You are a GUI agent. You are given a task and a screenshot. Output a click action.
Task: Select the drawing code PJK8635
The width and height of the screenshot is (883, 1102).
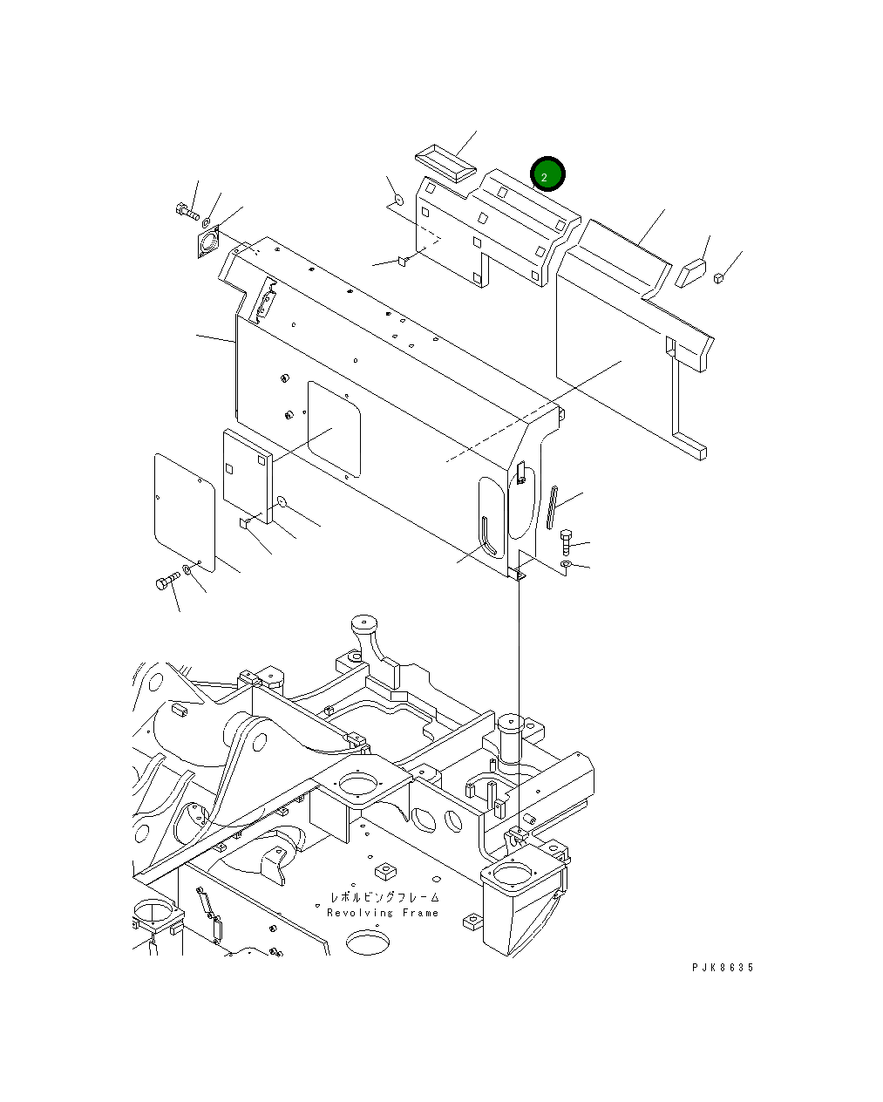pyautogui.click(x=723, y=968)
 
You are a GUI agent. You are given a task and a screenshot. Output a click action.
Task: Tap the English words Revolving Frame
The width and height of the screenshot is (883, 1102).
pyautogui.click(x=384, y=913)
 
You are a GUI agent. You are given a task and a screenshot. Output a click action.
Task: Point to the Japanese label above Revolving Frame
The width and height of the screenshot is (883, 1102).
pyautogui.click(x=384, y=897)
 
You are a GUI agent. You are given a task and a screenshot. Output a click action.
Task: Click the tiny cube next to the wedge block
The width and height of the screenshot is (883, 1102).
pyautogui.click(x=719, y=278)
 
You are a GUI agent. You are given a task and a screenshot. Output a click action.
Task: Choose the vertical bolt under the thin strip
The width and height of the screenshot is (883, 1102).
pyautogui.click(x=566, y=542)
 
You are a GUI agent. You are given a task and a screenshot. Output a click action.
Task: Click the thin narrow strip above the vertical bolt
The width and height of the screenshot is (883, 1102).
pyautogui.click(x=552, y=507)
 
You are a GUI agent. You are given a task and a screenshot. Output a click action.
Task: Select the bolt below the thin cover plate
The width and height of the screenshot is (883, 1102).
pyautogui.click(x=167, y=582)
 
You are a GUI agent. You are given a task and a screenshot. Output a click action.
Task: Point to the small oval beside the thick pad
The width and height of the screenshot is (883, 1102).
pyautogui.click(x=282, y=500)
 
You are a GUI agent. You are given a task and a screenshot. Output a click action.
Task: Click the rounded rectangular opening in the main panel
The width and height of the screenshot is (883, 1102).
pyautogui.click(x=333, y=429)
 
